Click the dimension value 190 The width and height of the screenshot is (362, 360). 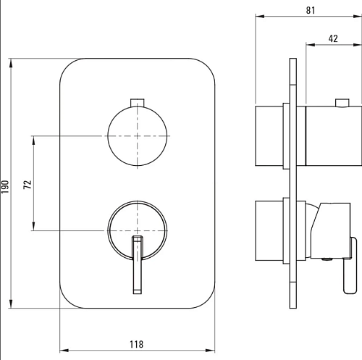coord(5,186)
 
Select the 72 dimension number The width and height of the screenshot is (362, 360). coord(28,185)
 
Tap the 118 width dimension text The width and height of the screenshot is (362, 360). coord(137,344)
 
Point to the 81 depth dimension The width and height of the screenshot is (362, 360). coord(311,10)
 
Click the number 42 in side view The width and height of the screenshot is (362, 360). coord(333,38)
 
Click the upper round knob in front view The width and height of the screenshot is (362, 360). coord(137,136)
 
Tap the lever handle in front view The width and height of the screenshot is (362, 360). coord(138,265)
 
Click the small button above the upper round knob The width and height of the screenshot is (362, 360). coord(137,102)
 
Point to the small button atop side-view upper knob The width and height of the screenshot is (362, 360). coord(342,103)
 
